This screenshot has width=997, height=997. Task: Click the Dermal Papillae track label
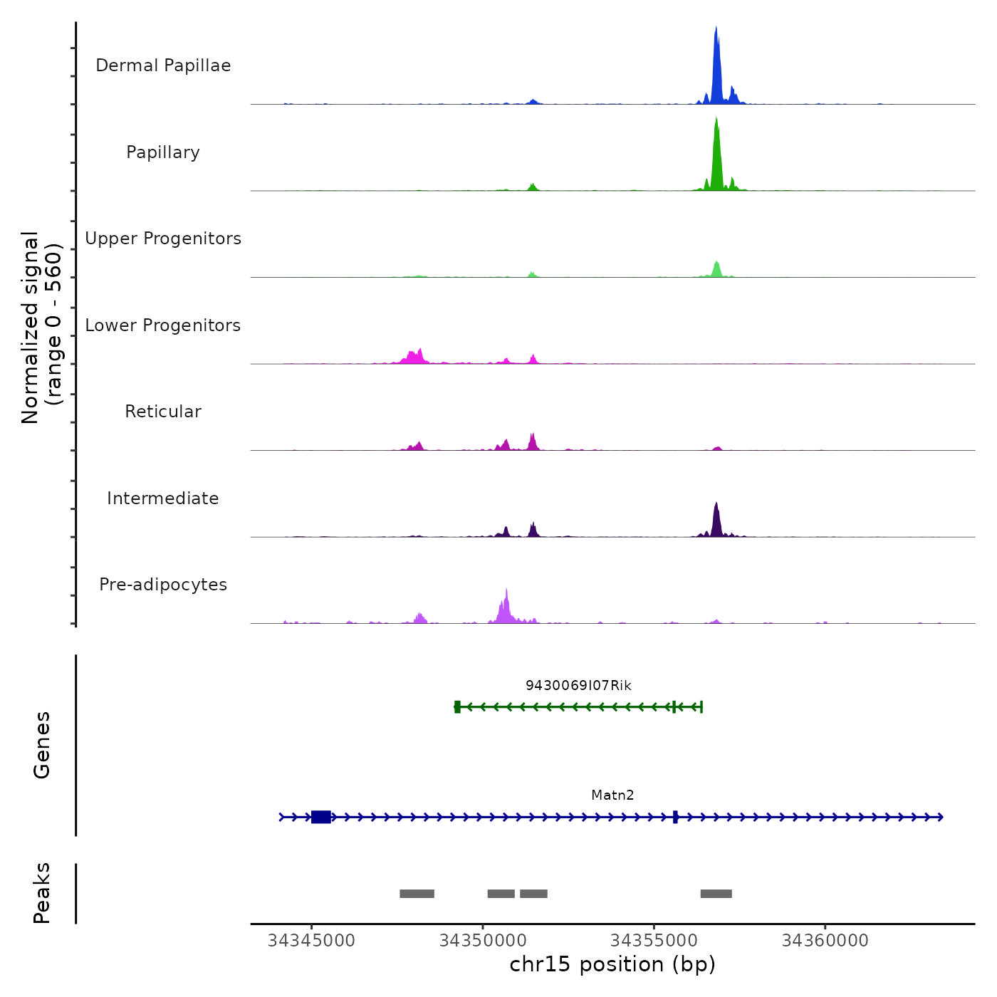pos(163,66)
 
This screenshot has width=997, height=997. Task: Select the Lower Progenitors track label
pos(163,325)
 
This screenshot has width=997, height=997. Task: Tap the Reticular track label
pos(163,412)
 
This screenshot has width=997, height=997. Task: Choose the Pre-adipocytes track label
pos(163,585)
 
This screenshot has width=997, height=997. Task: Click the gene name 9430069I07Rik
pos(578,685)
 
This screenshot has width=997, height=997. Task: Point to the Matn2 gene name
pos(612,795)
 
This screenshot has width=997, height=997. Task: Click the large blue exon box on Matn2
pos(321,817)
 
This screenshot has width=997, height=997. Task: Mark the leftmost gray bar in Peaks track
pos(417,894)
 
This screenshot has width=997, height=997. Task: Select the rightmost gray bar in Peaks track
pos(716,894)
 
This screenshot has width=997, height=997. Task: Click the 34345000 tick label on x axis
pos(311,941)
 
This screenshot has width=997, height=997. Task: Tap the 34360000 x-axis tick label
pos(825,941)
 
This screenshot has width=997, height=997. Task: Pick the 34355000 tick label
pos(654,941)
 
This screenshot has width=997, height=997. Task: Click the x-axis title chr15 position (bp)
pos(612,964)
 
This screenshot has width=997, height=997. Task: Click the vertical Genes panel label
pos(41,745)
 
